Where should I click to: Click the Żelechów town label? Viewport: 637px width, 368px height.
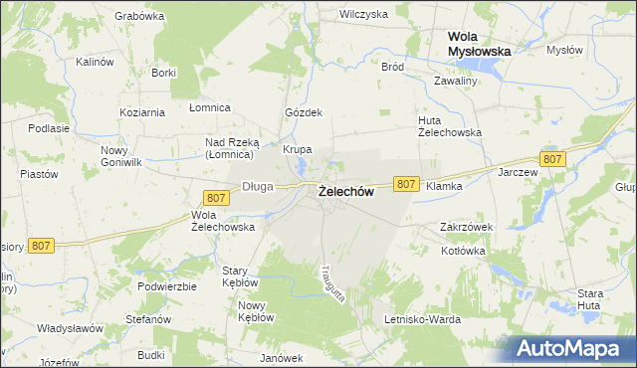click(x=346, y=193)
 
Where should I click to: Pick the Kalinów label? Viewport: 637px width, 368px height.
click(x=97, y=62)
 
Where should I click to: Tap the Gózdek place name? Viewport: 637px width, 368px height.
click(x=305, y=112)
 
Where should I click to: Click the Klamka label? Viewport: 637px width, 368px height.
click(x=444, y=186)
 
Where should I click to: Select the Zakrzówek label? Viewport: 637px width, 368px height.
click(x=467, y=227)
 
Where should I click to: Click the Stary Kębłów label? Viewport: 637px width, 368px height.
click(x=241, y=276)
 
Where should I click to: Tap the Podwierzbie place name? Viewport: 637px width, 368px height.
click(x=168, y=285)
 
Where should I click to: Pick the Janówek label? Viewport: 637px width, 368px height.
click(x=281, y=358)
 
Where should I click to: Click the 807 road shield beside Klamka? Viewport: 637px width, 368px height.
click(x=405, y=184)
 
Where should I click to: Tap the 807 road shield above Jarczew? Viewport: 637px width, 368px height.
click(x=553, y=159)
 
